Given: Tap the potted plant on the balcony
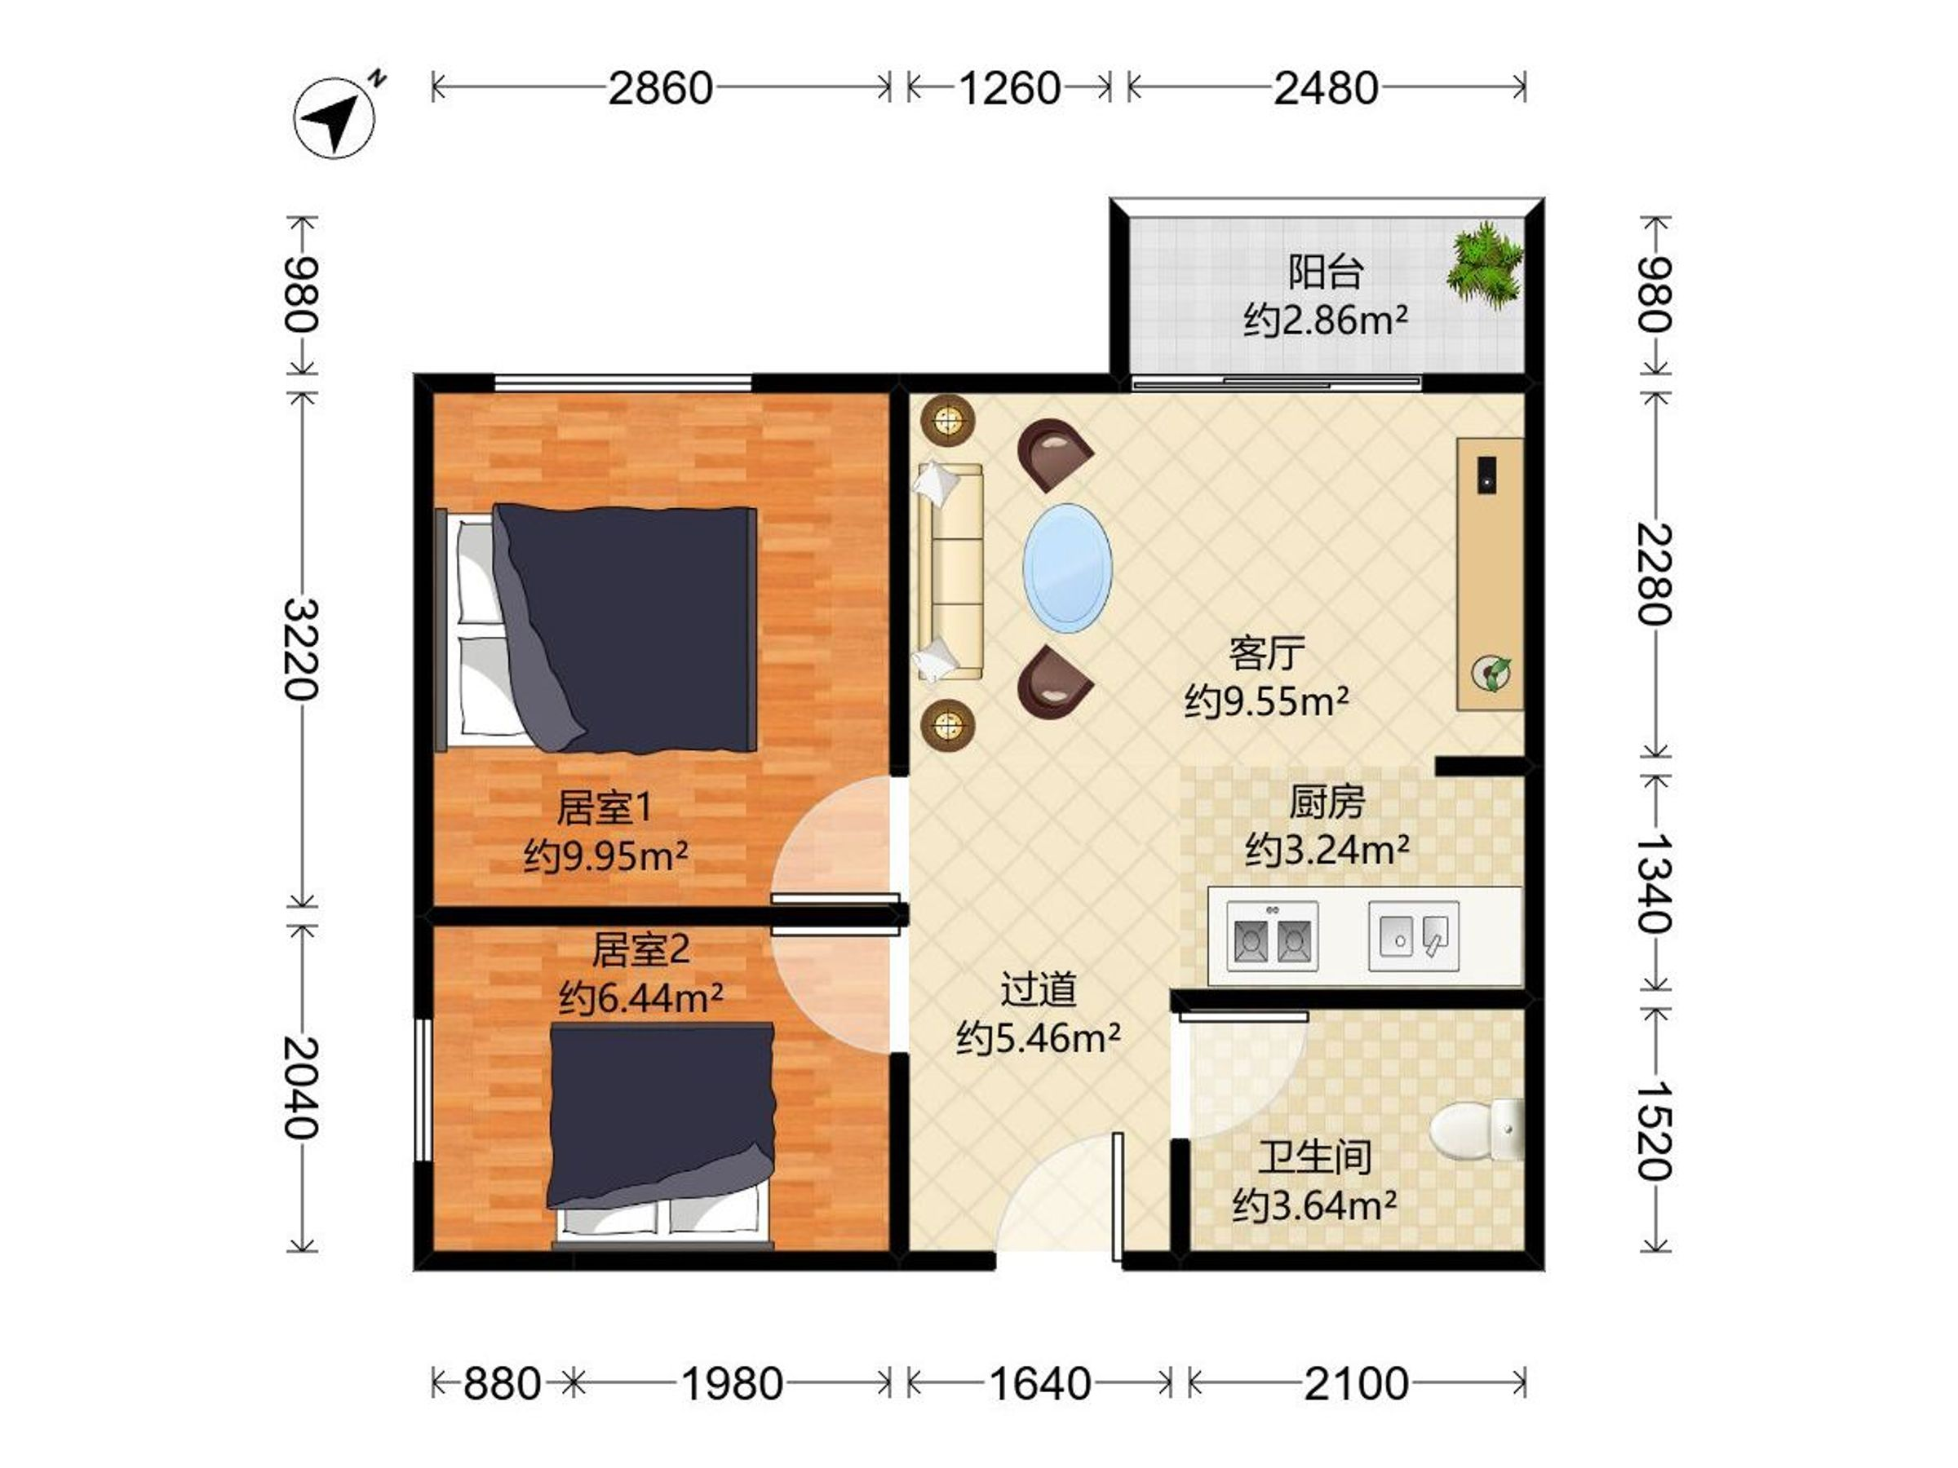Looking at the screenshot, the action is tap(1485, 267).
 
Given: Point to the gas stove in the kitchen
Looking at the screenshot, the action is tap(1272, 936).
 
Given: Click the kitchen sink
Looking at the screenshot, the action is tap(1414, 936).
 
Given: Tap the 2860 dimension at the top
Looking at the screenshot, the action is tap(660, 88).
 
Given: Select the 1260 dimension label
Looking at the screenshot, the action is tap(1010, 88).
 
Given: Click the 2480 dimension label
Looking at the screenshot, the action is tap(1326, 88).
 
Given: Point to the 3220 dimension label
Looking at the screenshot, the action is tap(301, 649).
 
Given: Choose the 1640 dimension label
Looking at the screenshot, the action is tap(1039, 1384).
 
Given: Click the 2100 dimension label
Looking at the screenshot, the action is tap(1356, 1384).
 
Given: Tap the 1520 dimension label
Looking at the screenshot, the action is tap(1653, 1131).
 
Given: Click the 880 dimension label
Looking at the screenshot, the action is tap(502, 1384).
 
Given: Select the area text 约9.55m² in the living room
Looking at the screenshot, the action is tap(1267, 701).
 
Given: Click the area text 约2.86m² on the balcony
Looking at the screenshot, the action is tap(1325, 320).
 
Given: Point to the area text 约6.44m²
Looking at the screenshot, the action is tap(641, 998).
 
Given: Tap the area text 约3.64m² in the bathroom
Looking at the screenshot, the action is tap(1314, 1205).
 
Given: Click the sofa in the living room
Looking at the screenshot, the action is tap(950, 572).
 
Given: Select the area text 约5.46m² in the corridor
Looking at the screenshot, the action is tap(1039, 1037).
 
